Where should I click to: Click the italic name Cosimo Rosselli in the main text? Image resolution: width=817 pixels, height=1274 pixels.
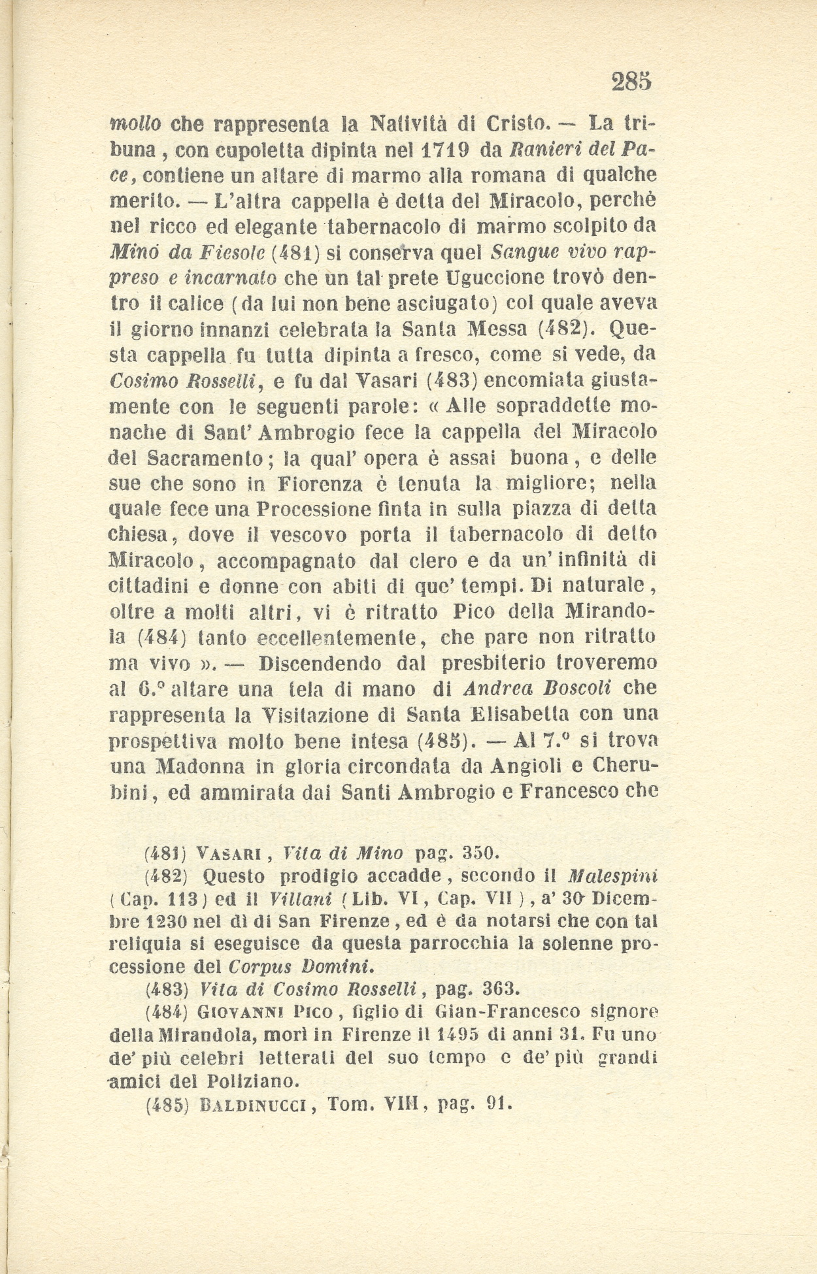[184, 381]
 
